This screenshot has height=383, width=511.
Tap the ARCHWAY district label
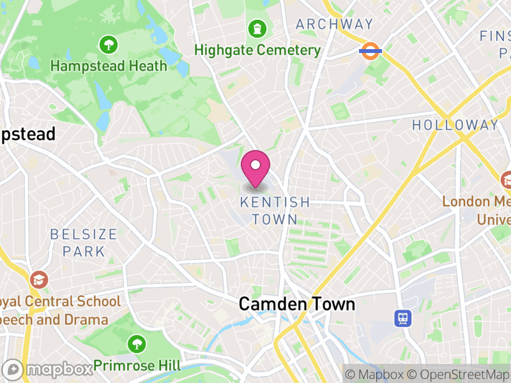pyautogui.click(x=334, y=24)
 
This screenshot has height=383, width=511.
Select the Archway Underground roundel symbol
pyautogui.click(x=370, y=50)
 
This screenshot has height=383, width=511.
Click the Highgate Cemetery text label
pyautogui.click(x=257, y=50)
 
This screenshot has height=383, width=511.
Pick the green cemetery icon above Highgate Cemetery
pyautogui.click(x=257, y=28)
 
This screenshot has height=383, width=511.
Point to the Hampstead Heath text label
pyautogui.click(x=109, y=66)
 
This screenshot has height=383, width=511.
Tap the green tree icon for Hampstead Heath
pyautogui.click(x=109, y=45)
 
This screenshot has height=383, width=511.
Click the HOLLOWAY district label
pyautogui.click(x=455, y=125)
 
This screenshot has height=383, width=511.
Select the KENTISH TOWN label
pyautogui.click(x=275, y=211)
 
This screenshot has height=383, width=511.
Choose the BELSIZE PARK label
pyautogui.click(x=84, y=243)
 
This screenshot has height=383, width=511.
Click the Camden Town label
pyautogui.click(x=296, y=304)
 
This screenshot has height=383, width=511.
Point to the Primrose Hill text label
pyautogui.click(x=137, y=366)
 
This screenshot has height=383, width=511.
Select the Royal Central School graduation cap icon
pyautogui.click(x=38, y=279)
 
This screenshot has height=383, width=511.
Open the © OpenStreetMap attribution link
pyautogui.click(x=459, y=374)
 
